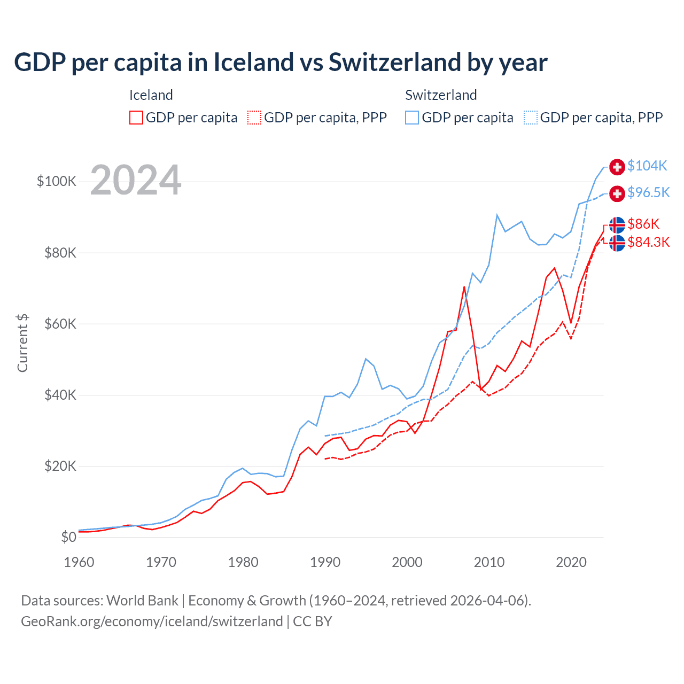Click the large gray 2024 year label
pos(136,181)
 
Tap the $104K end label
pos(647,166)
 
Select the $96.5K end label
pos(648,193)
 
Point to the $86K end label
pos(643,224)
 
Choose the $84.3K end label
pos(648,243)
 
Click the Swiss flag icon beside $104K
pos(617,167)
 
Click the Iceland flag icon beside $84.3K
pos(617,243)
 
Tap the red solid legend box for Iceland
pos(136,118)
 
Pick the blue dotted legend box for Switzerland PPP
pos(530,118)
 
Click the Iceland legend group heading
pos(151,95)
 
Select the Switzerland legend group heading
pos(441,95)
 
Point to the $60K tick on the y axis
pos(60,324)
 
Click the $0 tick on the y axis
pos(68,537)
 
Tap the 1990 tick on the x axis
pos(325,562)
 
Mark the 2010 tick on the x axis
pos(489,562)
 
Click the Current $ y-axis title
pos(22,343)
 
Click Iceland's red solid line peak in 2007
pos(464,287)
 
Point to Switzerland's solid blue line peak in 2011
pos(497,215)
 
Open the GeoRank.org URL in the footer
pos(152,621)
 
